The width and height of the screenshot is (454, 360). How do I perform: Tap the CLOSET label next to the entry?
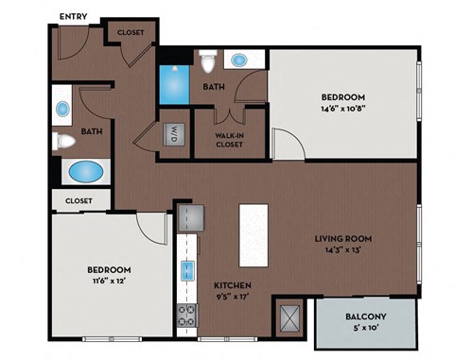click(131, 32)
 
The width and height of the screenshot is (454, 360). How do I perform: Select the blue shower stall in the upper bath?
click(173, 83)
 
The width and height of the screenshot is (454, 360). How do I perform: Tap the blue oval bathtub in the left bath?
click(86, 174)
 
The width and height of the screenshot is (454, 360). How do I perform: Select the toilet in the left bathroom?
click(63, 142)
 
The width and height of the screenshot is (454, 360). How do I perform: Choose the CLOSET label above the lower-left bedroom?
click(79, 200)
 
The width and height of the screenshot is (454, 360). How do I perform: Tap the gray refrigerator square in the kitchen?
click(193, 218)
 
